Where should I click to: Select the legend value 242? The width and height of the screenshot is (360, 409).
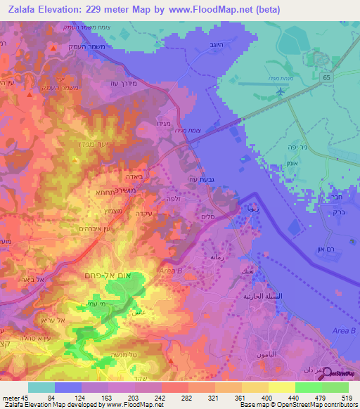161,397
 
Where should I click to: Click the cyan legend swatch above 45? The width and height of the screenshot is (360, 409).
41,387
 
